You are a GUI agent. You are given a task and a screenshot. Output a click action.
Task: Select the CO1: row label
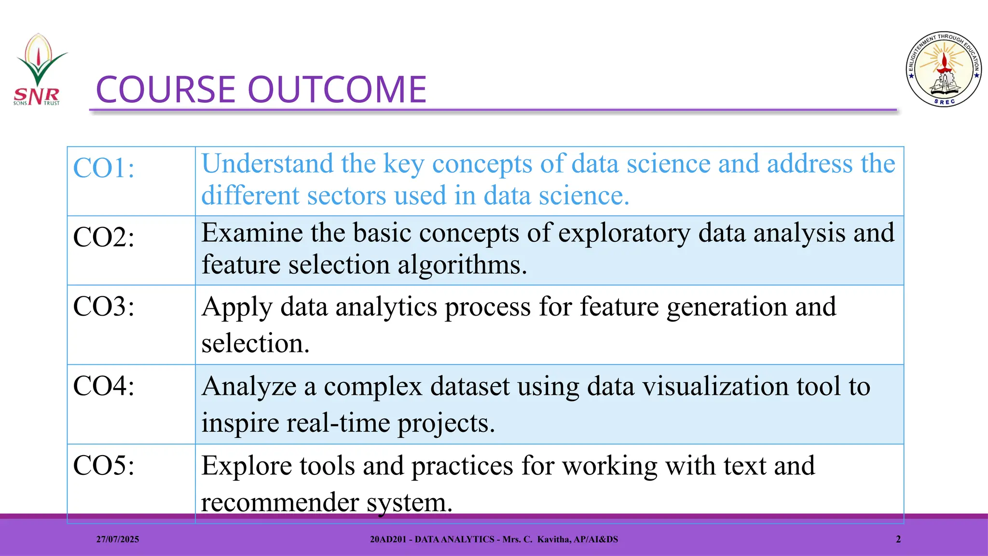tap(104, 168)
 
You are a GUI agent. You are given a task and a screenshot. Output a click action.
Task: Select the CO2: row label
tap(104, 237)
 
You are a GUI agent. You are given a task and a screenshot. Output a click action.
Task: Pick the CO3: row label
tap(104, 306)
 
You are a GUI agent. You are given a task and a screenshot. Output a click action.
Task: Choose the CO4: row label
tap(104, 386)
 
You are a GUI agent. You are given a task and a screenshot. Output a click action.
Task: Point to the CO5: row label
tap(104, 466)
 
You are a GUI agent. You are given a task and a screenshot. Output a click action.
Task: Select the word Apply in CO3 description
tap(237, 307)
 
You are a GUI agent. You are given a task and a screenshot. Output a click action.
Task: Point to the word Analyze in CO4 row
tap(249, 387)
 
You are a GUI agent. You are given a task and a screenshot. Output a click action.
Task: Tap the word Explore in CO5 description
tap(247, 466)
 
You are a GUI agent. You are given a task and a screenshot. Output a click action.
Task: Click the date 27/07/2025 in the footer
tap(117, 540)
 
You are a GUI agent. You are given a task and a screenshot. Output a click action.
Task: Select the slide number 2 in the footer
tap(898, 540)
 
